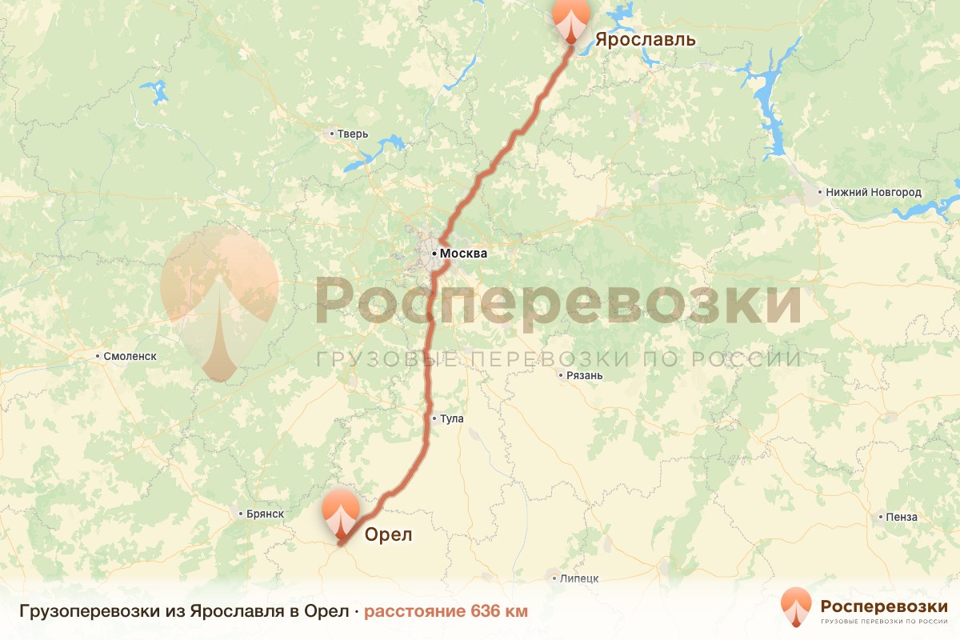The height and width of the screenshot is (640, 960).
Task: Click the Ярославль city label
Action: [x=645, y=40]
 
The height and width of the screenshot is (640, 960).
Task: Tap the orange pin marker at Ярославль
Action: [x=570, y=18]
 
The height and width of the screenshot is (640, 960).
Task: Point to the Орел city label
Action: [x=388, y=535]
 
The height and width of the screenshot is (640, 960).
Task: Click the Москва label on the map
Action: [x=463, y=254]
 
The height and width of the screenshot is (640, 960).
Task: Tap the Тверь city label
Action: [x=352, y=134]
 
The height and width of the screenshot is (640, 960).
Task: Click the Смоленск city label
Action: [x=130, y=356]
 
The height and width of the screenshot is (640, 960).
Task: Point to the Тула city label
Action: [x=451, y=418]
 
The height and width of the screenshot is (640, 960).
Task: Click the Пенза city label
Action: [x=902, y=517]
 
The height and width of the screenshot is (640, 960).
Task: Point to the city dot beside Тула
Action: [x=434, y=418]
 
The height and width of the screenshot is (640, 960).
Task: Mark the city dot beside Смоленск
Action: [x=98, y=356]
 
